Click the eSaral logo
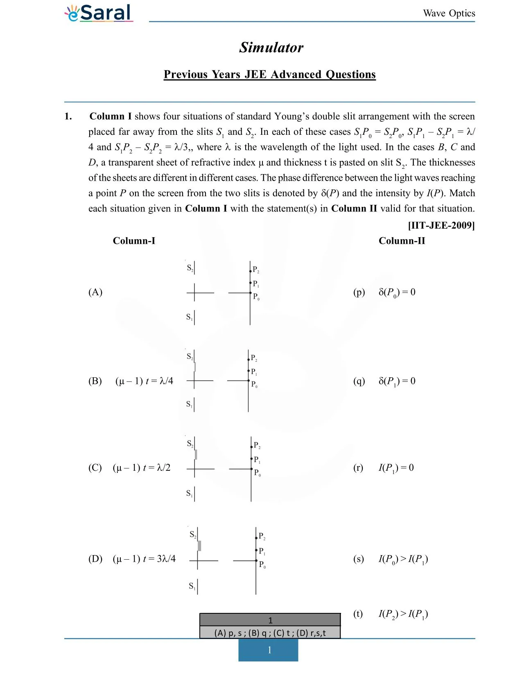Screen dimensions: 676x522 99,13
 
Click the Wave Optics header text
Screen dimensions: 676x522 449,13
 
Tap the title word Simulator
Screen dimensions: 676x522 271,48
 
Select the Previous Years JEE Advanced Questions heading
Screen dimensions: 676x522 269,75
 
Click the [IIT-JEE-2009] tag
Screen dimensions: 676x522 441,225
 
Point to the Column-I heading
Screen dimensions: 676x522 134,241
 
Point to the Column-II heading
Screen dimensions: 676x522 401,241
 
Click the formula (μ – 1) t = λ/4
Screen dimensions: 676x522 144,381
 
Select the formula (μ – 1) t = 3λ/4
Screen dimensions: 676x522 144,559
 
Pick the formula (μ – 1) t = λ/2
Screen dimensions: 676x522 142,468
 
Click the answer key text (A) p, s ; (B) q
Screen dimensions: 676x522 270,633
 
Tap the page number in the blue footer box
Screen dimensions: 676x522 269,650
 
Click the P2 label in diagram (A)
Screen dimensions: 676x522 256,270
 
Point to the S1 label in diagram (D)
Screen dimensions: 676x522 192,586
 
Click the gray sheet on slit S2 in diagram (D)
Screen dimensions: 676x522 199,546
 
